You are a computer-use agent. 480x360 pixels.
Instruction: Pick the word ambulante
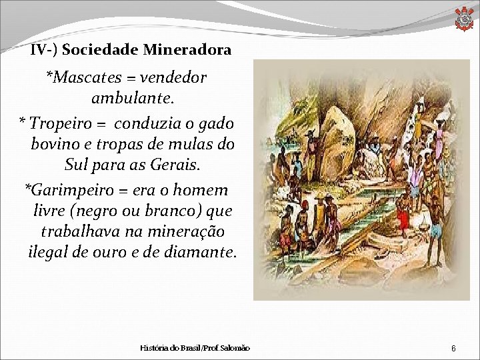pyautogui.click(x=133, y=99)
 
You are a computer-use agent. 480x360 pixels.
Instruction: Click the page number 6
pyautogui.click(x=453, y=349)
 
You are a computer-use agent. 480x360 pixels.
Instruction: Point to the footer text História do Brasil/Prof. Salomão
pyautogui.click(x=195, y=349)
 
